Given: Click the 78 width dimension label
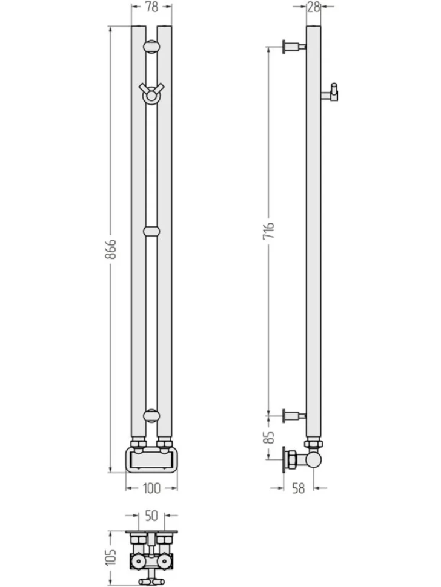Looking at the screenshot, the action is (x=151, y=7).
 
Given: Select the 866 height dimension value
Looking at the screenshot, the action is (x=110, y=249).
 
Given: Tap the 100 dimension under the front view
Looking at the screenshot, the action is (x=151, y=488).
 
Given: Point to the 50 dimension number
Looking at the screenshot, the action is (x=151, y=516).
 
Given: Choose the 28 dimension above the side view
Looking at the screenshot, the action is (x=313, y=7).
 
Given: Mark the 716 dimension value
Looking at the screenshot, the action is (x=268, y=231).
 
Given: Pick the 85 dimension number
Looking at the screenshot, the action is (x=268, y=438).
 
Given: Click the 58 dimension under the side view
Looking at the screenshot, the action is (x=299, y=488).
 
